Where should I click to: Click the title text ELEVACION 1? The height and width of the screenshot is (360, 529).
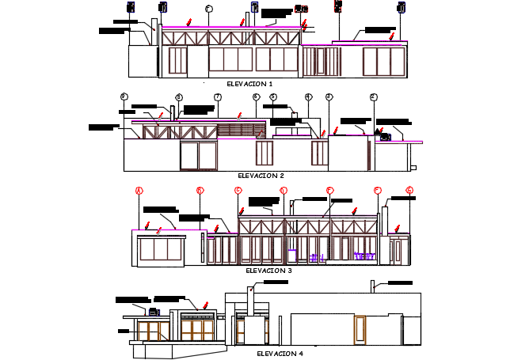coord(249,83)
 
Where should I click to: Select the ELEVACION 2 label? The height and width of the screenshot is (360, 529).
coord(261,176)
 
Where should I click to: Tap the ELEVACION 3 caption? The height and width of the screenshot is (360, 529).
coord(269,270)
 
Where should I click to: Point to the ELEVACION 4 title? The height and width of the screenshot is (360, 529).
coord(280,354)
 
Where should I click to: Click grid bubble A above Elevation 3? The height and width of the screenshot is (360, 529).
coord(139,190)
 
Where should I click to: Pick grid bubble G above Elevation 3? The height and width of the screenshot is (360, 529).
coord(409,190)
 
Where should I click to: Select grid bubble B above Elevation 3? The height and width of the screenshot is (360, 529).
coord(200,190)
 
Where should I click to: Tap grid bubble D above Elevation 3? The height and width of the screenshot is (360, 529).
coord(284,190)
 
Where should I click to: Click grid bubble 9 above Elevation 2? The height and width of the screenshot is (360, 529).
coord(124,97)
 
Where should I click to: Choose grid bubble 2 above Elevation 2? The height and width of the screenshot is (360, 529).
coord(373,97)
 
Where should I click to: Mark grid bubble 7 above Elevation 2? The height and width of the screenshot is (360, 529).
coord(216,97)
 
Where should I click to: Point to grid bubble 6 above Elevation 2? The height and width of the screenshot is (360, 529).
coord(256,97)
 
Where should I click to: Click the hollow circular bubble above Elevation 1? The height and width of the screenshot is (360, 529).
coord(208,9)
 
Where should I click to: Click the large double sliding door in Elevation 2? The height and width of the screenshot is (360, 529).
coord(198,156)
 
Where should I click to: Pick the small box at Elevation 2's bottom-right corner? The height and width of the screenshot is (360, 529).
coord(413,167)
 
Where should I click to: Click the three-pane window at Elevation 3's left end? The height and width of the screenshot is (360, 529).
coord(160,250)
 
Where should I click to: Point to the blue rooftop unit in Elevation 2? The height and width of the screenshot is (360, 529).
coord(386,137)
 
